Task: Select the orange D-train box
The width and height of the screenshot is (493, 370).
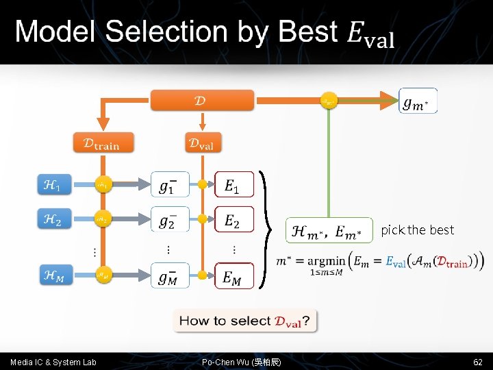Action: (x=103, y=143)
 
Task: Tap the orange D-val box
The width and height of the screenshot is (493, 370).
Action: (x=202, y=143)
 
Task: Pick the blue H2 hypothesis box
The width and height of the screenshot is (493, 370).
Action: (x=53, y=219)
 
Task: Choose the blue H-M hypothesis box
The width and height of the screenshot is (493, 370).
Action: (x=53, y=275)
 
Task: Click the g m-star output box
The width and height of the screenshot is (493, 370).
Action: (x=418, y=101)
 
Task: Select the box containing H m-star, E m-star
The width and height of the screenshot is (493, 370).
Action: (x=329, y=230)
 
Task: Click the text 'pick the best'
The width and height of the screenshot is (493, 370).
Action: (x=418, y=230)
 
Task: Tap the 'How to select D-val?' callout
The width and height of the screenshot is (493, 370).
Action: (x=245, y=320)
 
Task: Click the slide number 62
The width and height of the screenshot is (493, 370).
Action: (x=477, y=361)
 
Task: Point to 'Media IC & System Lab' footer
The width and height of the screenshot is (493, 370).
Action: (x=53, y=362)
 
